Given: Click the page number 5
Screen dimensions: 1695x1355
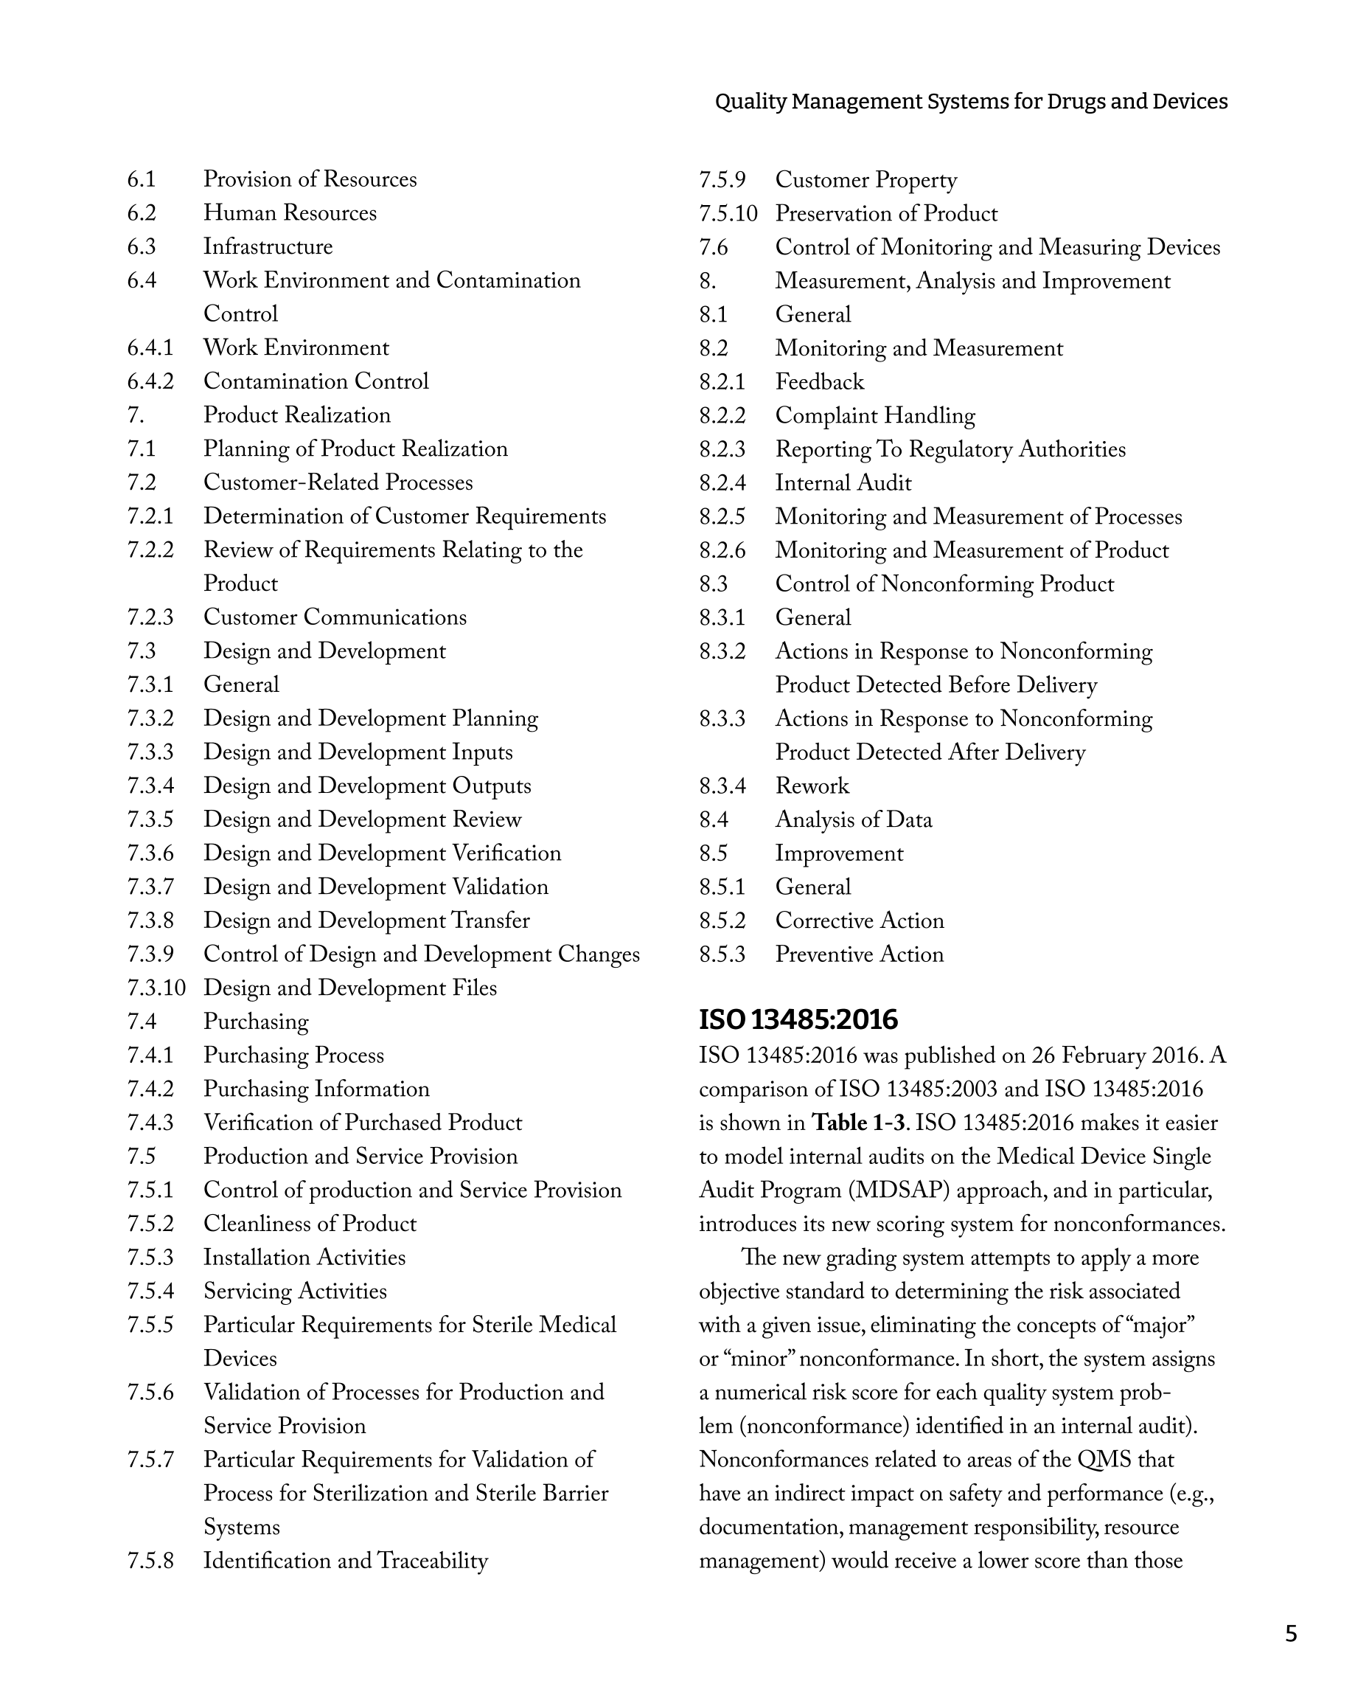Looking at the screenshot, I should point(1291,1634).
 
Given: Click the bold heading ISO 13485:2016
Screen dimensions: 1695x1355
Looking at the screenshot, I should point(798,1019).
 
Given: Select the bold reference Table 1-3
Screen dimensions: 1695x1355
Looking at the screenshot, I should point(858,1122).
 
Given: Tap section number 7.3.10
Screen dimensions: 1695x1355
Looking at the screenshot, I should point(156,988).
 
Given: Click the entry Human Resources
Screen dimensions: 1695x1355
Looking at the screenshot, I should point(289,212).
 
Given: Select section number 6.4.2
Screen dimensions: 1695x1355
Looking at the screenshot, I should point(150,381).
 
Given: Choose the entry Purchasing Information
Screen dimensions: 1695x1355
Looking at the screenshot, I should point(316,1089).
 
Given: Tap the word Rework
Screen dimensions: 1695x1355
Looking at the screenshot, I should point(812,786).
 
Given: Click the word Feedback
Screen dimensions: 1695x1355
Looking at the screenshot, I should point(819,381).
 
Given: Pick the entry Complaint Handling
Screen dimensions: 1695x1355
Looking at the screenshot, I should point(875,415).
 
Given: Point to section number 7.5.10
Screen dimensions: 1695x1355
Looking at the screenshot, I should point(728,213).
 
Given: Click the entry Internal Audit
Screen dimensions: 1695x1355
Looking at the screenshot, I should point(843,482).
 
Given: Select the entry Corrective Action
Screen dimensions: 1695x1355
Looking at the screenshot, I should point(859,920).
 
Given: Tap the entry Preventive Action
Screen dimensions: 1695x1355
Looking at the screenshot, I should point(859,954).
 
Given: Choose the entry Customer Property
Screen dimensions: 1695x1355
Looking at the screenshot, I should point(865,179).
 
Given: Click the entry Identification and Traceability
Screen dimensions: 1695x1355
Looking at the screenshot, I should point(345,1561).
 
